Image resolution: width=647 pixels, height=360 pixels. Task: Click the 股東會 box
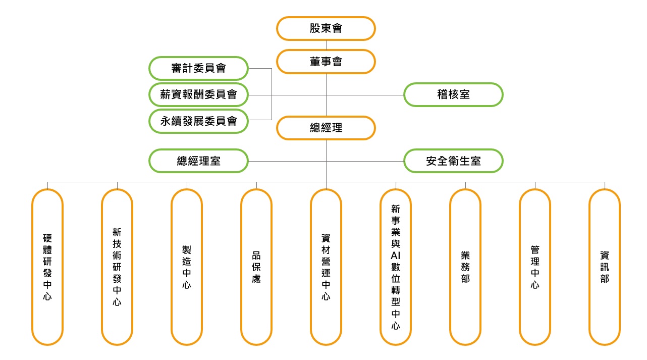pyautogui.click(x=326, y=28)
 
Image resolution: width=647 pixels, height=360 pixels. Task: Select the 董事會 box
pyautogui.click(x=326, y=62)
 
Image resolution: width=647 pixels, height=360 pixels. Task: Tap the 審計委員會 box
pyautogui.click(x=199, y=68)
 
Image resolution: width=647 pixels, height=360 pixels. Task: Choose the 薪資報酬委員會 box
pyautogui.click(x=199, y=94)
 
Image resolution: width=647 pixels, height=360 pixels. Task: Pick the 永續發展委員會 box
pyautogui.click(x=199, y=121)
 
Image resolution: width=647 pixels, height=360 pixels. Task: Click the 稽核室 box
pyautogui.click(x=453, y=94)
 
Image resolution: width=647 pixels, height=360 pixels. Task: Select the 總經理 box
pyautogui.click(x=326, y=128)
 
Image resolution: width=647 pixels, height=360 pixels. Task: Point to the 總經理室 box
pyautogui.click(x=199, y=161)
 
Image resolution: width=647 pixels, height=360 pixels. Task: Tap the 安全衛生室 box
pyautogui.click(x=453, y=161)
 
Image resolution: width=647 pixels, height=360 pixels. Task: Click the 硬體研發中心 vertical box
pyautogui.click(x=47, y=267)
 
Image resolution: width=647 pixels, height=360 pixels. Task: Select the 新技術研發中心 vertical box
pyautogui.click(x=117, y=267)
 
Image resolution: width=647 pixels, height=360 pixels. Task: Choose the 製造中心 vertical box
pyautogui.click(x=187, y=267)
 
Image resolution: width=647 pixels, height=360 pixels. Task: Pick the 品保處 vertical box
pyautogui.click(x=256, y=267)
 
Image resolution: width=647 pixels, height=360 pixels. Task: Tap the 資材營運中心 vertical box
pyautogui.click(x=326, y=267)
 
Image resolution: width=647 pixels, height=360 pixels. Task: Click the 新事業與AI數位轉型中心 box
pyautogui.click(x=396, y=267)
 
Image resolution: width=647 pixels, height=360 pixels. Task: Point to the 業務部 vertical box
pyautogui.click(x=465, y=267)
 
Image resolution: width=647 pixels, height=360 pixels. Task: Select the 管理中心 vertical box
pyautogui.click(x=535, y=267)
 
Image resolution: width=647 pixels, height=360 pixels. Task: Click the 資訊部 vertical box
pyautogui.click(x=605, y=267)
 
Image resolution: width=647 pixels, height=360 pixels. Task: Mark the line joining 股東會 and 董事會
pyautogui.click(x=326, y=45)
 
